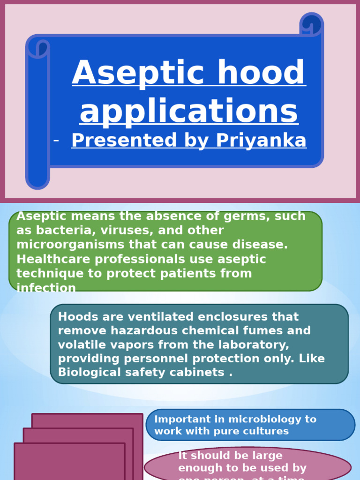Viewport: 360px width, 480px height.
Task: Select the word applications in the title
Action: tap(189, 112)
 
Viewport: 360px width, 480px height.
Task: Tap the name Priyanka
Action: tap(261, 140)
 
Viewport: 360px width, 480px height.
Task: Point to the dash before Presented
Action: tap(57, 140)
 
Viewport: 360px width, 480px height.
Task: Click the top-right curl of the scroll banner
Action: tap(311, 24)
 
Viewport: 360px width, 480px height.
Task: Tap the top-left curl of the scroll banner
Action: tap(38, 47)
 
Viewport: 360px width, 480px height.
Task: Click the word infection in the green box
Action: tap(46, 288)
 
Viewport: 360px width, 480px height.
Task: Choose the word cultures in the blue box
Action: tap(266, 431)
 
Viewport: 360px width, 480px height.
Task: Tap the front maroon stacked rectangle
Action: tap(69, 462)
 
